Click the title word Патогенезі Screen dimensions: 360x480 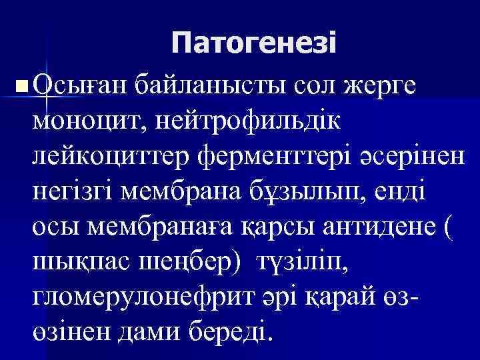click(254, 45)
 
